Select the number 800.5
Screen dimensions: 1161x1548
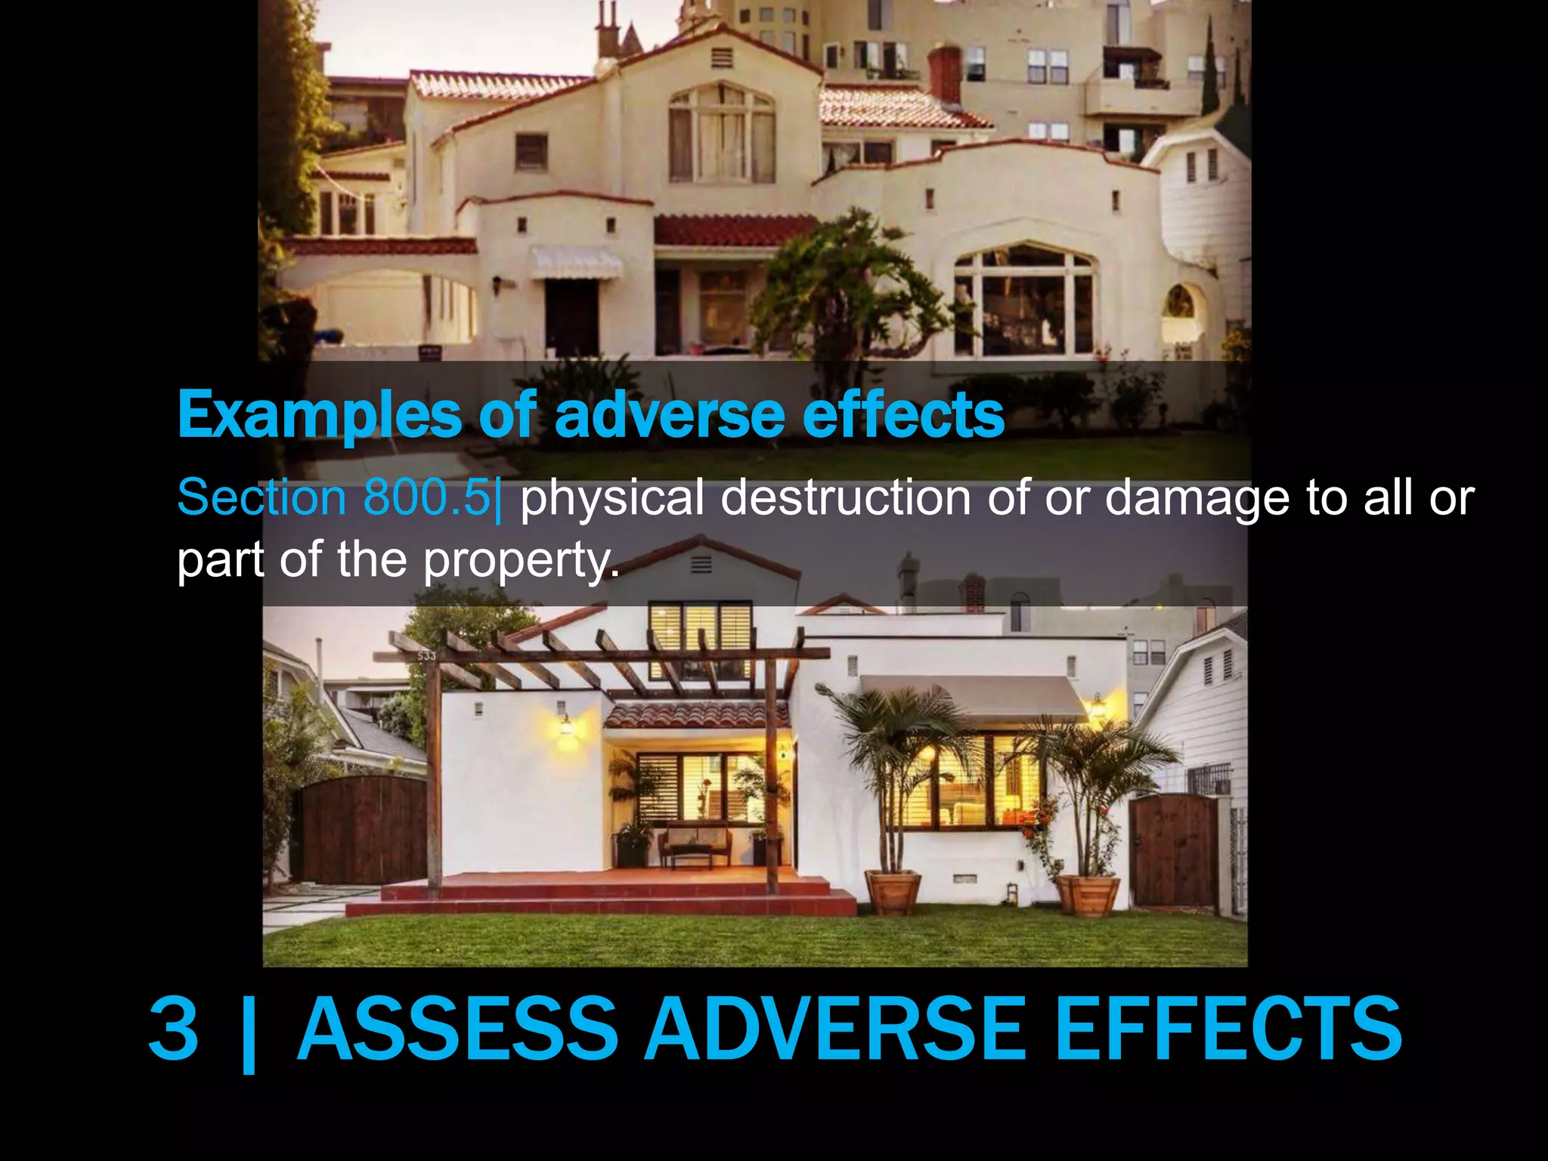[427, 498]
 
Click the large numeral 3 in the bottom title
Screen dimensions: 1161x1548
[174, 1029]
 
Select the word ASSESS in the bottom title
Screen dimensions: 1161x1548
[458, 1029]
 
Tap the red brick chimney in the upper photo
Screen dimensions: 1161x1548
[944, 73]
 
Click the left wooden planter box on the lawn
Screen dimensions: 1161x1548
[893, 892]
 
